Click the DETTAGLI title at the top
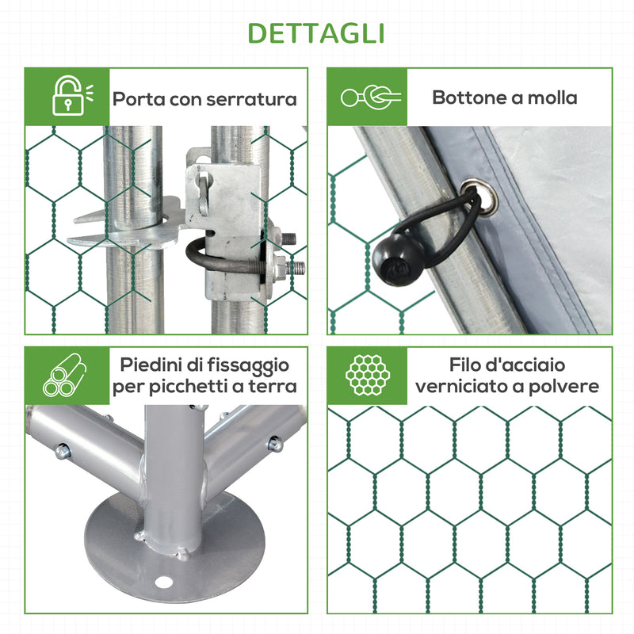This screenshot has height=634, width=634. tap(317, 33)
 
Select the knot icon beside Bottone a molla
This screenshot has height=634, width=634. tap(369, 97)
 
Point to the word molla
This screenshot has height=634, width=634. tap(552, 97)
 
